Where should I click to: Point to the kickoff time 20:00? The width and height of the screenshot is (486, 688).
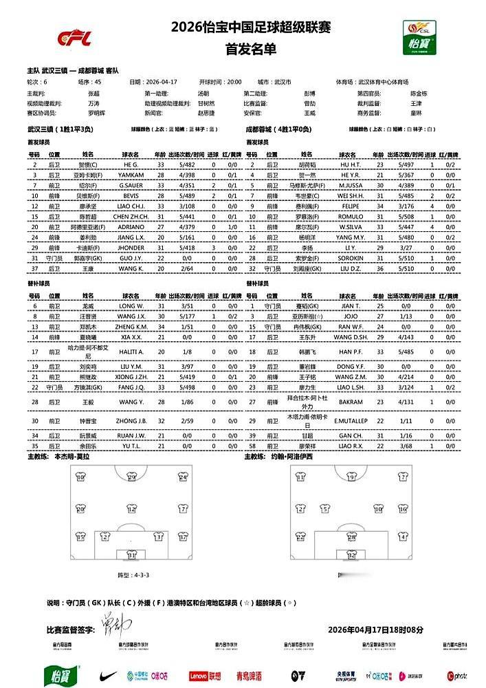(232, 81)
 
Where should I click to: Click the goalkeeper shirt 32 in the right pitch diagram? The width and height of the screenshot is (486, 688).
(351, 554)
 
